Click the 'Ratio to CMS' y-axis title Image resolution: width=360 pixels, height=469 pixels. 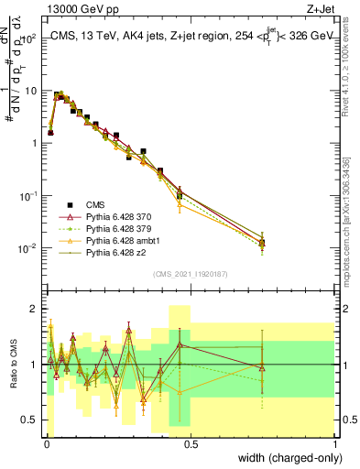pos(14,365)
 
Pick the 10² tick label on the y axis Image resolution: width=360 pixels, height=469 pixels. pos(29,38)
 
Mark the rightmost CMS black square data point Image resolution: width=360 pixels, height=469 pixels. pos(263,243)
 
